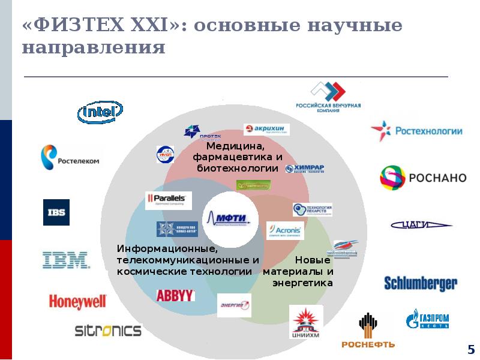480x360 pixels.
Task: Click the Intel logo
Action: pyautogui.click(x=100, y=112)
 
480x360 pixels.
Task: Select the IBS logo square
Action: pyautogui.click(x=56, y=212)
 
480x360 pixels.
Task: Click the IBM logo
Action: pyautogui.click(x=66, y=260)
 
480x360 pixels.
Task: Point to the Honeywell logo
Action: pyautogui.click(x=77, y=301)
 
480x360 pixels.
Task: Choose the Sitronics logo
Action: pyautogui.click(x=108, y=330)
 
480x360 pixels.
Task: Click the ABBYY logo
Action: pyautogui.click(x=175, y=295)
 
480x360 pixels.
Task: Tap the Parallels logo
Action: pyautogui.click(x=169, y=200)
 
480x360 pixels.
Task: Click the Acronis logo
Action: pyautogui.click(x=285, y=230)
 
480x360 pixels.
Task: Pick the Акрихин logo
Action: pyautogui.click(x=266, y=130)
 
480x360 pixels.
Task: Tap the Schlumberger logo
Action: pyautogui.click(x=421, y=283)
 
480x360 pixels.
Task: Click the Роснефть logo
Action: pyautogui.click(x=368, y=331)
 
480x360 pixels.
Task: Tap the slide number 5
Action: pyautogui.click(x=471, y=349)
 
